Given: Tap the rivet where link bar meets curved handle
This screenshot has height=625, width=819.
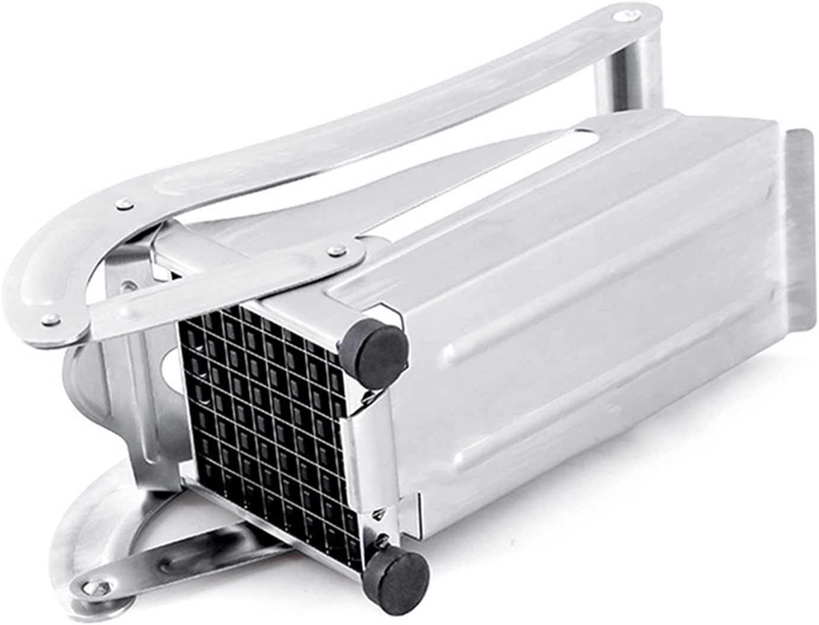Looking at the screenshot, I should [51, 320].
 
